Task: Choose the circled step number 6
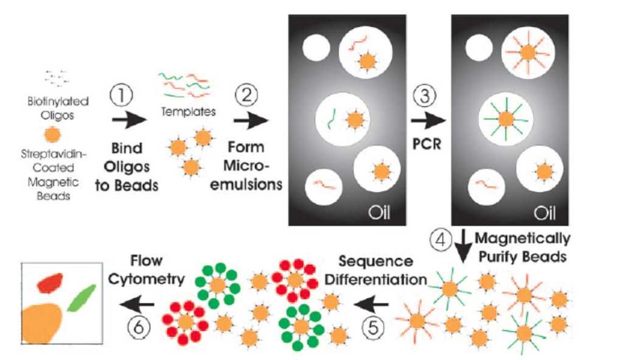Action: tap(139, 327)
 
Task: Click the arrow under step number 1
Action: tap(128, 120)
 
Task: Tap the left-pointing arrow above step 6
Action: tap(137, 303)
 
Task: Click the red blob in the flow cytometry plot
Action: tap(50, 282)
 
